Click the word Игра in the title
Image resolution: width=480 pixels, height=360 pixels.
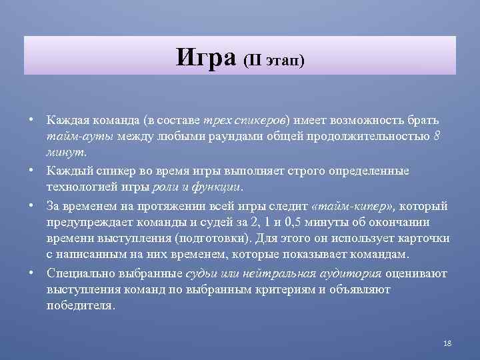pyautogui.click(x=207, y=58)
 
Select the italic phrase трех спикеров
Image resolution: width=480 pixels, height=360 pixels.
pyautogui.click(x=249, y=120)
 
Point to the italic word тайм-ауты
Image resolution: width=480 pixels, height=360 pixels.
pyautogui.click(x=73, y=137)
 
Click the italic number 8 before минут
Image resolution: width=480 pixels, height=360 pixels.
pyautogui.click(x=436, y=137)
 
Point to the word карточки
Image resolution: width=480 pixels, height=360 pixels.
pyautogui.click(x=423, y=238)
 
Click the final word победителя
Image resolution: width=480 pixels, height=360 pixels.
pyautogui.click(x=81, y=306)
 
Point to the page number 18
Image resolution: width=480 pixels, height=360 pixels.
pyautogui.click(x=447, y=343)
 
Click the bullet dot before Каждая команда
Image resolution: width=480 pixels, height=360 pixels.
pyautogui.click(x=31, y=119)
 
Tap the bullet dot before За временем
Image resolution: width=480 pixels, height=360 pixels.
pyautogui.click(x=31, y=204)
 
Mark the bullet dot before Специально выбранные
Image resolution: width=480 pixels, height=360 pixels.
pyautogui.click(x=31, y=272)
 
